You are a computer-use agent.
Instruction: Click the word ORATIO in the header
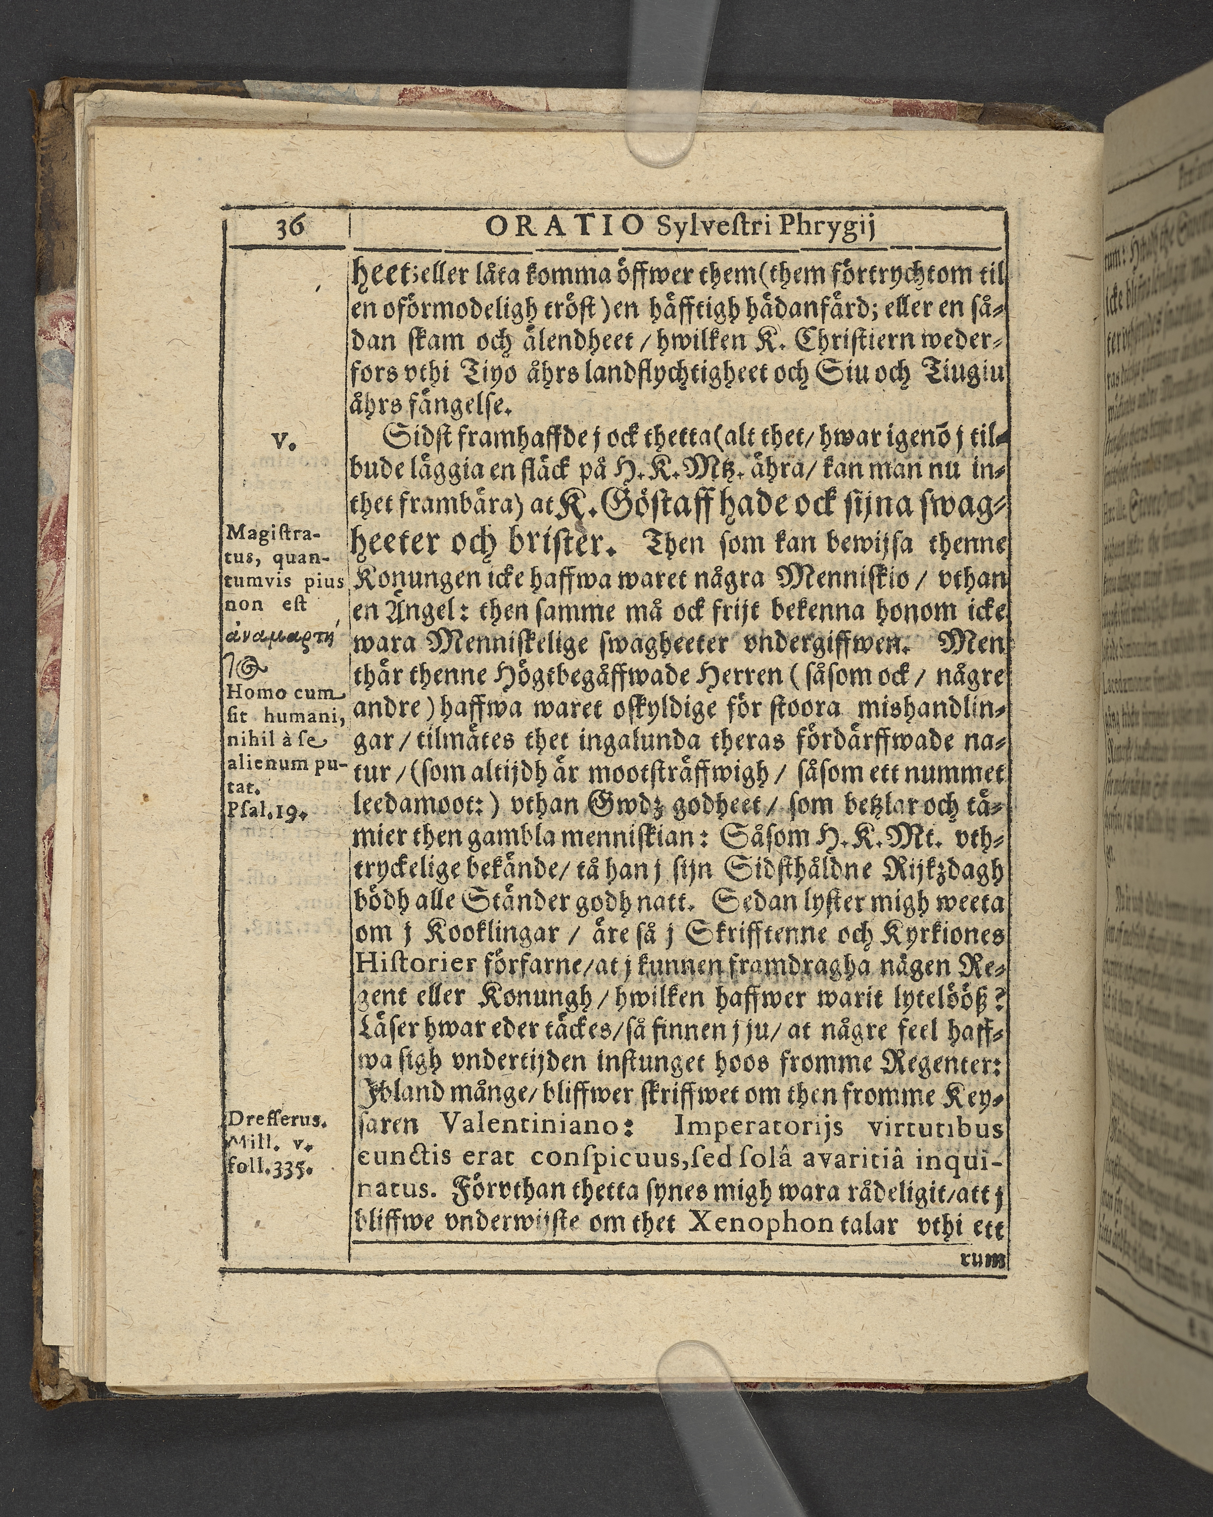click(x=564, y=228)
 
